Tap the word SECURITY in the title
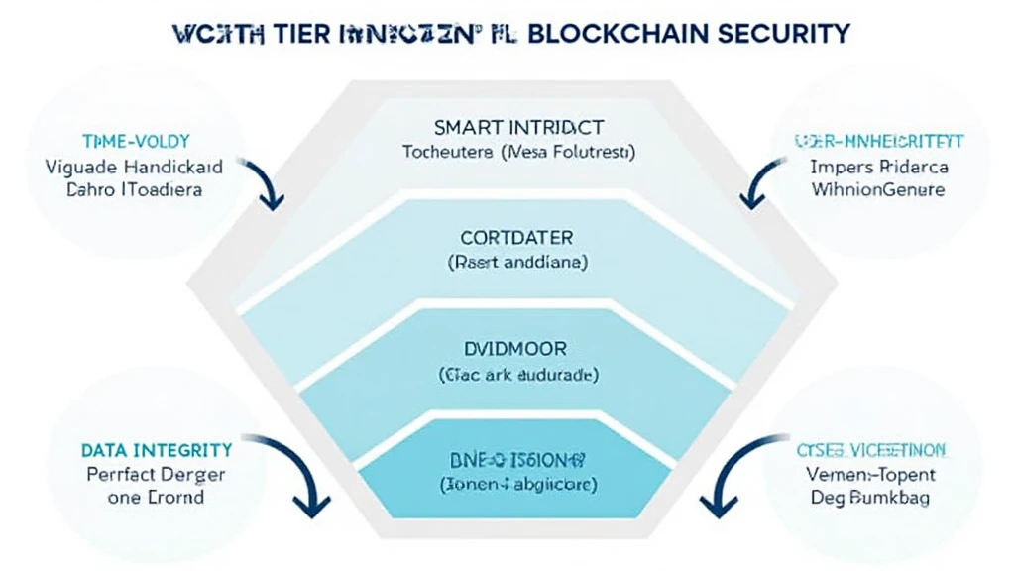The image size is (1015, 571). point(782,32)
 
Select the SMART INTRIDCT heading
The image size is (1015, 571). point(518,128)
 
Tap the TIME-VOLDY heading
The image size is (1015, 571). point(126,142)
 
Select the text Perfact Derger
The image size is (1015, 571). point(155,474)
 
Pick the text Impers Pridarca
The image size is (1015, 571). point(879,166)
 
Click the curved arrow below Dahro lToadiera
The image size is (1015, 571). point(266,183)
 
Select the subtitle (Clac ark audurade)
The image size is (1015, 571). point(518,375)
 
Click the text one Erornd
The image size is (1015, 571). point(154,498)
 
